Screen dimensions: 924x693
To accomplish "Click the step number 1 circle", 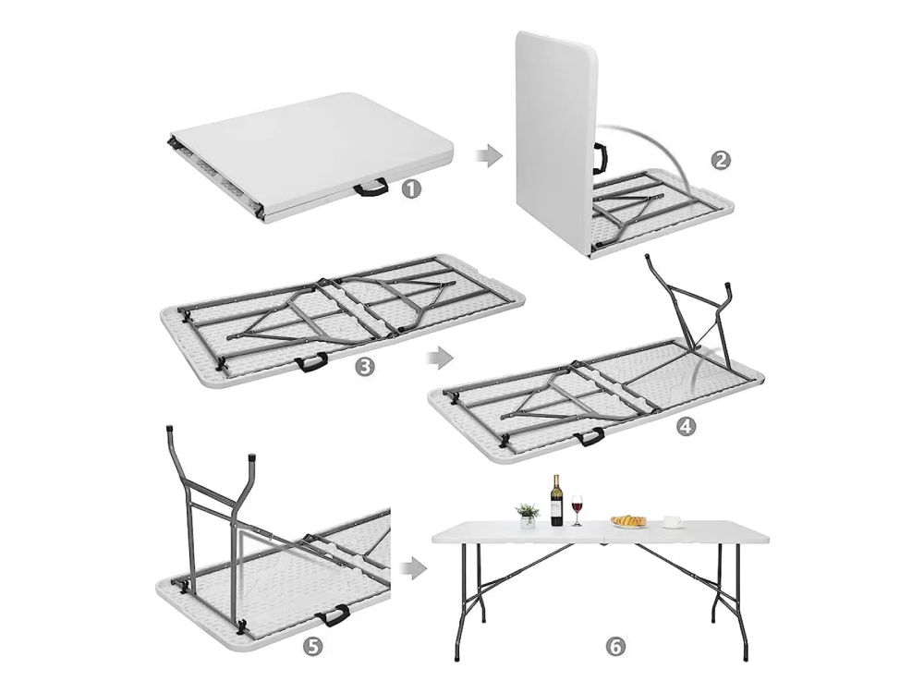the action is click(411, 189).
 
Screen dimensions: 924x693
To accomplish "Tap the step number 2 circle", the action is click(720, 160).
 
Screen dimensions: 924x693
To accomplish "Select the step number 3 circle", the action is click(365, 367).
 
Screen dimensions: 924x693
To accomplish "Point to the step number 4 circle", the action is click(686, 426).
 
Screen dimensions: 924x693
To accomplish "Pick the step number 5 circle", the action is click(312, 647).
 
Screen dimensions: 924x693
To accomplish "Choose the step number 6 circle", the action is click(614, 647).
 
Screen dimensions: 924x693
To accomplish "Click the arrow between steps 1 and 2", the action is click(488, 157).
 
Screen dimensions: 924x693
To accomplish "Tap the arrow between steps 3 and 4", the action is click(439, 358).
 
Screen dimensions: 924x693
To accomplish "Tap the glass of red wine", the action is click(577, 510).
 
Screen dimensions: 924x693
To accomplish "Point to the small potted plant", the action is click(528, 516).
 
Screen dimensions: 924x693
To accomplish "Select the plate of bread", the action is click(628, 521).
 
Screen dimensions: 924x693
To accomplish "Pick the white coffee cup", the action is click(672, 521).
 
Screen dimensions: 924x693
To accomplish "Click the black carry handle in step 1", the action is click(371, 188).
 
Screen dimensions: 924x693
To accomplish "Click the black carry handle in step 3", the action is click(311, 361).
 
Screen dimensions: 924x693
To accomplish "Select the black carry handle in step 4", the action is click(589, 437).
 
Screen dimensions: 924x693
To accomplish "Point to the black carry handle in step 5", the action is click(333, 616).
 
